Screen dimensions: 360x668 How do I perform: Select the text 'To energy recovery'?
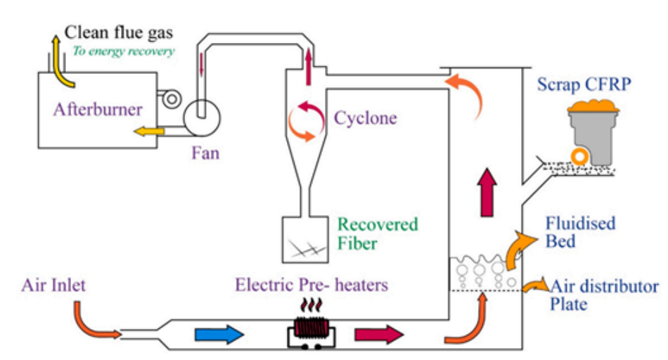[x=123, y=51]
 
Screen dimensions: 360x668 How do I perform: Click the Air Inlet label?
[x=53, y=285]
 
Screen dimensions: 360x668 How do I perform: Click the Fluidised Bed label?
[x=581, y=233]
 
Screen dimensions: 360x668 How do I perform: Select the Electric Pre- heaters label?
[x=311, y=285]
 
